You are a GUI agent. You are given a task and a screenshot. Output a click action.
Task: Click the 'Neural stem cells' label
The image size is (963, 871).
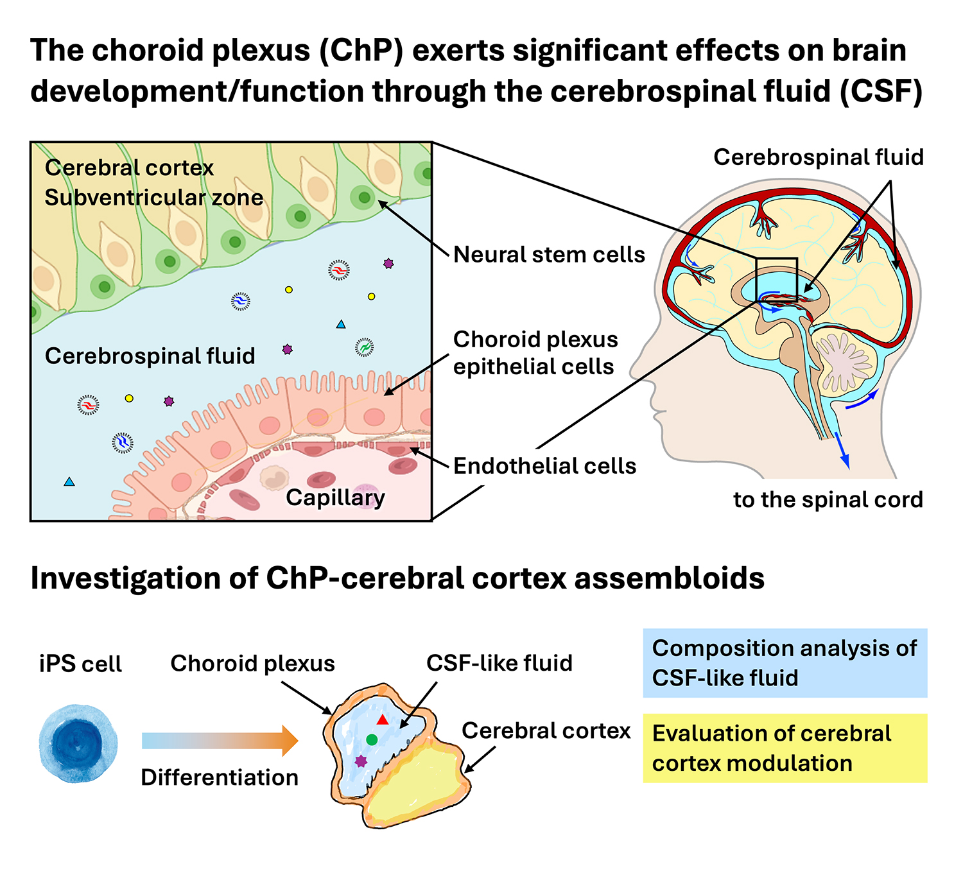point(549,255)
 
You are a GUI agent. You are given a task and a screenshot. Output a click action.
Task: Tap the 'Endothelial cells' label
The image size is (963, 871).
point(544,466)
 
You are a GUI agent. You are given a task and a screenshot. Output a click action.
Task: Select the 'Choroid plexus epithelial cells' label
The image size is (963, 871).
point(535,353)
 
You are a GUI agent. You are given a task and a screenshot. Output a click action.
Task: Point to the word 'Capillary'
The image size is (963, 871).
point(335,497)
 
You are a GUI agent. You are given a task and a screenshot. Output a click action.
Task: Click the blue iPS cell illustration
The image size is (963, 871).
point(78,743)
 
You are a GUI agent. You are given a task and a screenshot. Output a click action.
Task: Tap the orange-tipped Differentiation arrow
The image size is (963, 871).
point(220,741)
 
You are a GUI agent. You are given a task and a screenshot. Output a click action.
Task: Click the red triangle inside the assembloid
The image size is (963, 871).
point(383,720)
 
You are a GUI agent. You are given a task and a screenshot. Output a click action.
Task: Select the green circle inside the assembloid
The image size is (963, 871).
point(372,739)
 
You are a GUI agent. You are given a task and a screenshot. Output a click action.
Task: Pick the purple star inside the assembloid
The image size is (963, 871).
point(361,761)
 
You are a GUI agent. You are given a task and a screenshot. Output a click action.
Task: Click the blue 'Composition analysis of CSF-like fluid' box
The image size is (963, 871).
point(785,663)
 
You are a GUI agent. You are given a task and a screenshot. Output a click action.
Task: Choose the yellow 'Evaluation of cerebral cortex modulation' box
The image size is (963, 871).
point(785,748)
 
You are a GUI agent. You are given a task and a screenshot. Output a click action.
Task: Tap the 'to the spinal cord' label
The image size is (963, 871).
point(828,499)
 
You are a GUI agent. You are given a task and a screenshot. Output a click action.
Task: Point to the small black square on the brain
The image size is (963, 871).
point(777,280)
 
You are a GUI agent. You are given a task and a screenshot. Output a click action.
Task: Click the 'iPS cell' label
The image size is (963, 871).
point(80,664)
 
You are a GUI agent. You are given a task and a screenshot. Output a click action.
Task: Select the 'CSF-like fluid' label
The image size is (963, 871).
point(499,663)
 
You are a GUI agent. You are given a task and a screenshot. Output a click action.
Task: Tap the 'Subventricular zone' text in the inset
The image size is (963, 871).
point(154,198)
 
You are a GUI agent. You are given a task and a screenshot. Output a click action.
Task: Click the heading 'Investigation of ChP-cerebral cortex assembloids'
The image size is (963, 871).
point(397,578)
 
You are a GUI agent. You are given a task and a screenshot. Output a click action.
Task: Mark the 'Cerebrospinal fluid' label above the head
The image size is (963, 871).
point(819,157)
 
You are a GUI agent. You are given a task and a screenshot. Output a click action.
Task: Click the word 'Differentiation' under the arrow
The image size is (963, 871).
point(220,778)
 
